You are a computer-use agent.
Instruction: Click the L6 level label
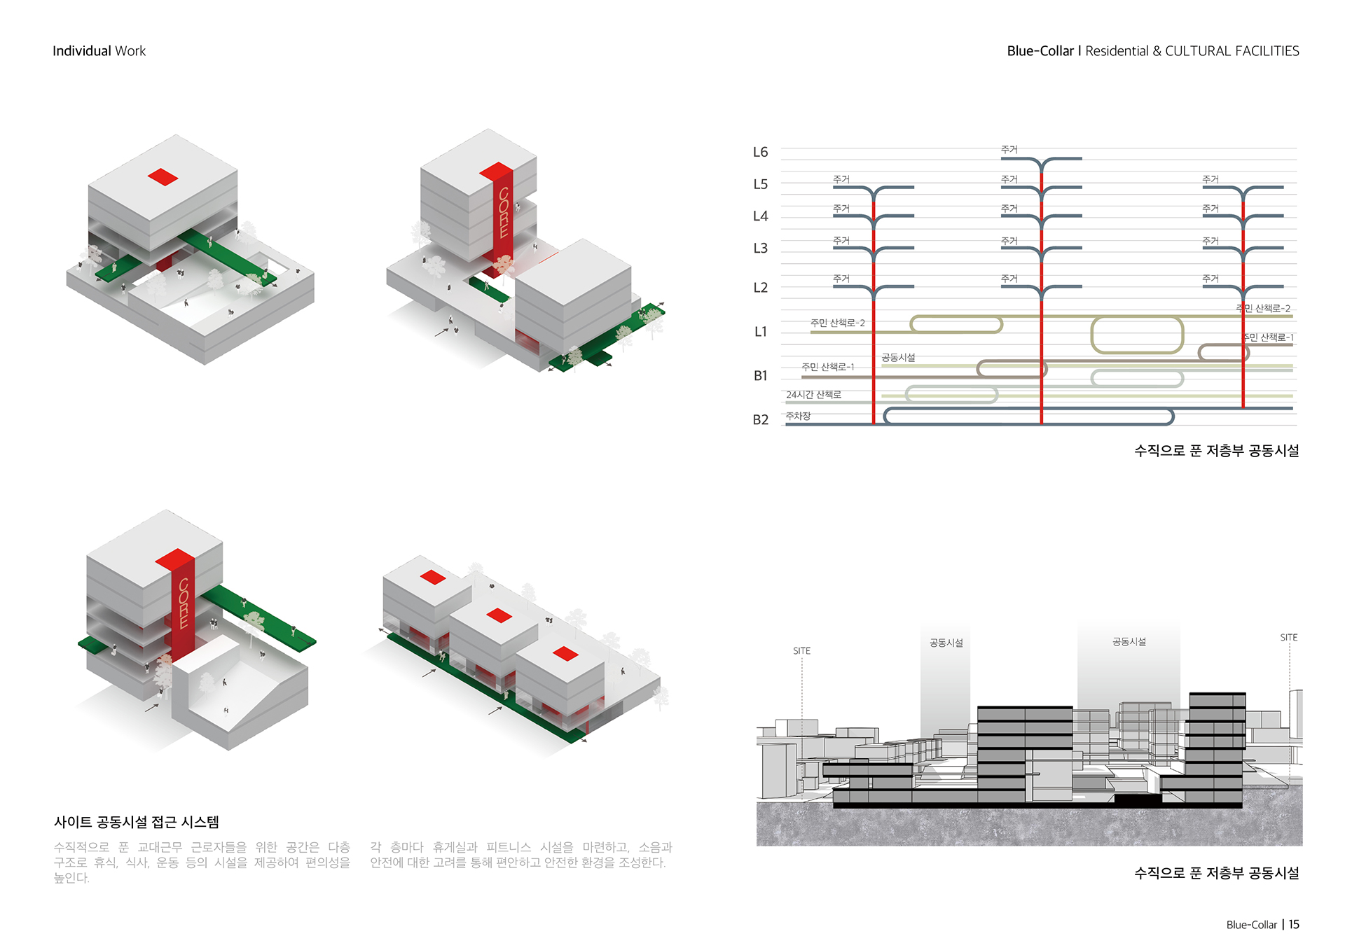pyautogui.click(x=760, y=152)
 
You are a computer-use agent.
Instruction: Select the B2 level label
pyautogui.click(x=760, y=419)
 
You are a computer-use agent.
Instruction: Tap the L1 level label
pyautogui.click(x=760, y=332)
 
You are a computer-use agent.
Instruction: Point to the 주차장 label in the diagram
pyautogui.click(x=798, y=416)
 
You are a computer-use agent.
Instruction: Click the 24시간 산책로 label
pyautogui.click(x=813, y=395)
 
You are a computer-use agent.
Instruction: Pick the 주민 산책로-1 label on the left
pyautogui.click(x=827, y=367)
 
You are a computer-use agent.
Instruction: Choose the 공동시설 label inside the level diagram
pyautogui.click(x=898, y=358)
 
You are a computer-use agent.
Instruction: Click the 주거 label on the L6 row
pyautogui.click(x=1009, y=150)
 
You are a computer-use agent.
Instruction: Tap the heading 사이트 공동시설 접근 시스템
pyautogui.click(x=137, y=822)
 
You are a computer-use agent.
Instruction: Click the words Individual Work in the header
pyautogui.click(x=99, y=51)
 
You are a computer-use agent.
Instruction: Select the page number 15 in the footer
pyautogui.click(x=1294, y=924)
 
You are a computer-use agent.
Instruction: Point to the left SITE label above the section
pyautogui.click(x=801, y=651)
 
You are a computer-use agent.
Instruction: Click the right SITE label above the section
pyautogui.click(x=1288, y=638)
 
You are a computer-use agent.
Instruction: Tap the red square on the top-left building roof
pyautogui.click(x=163, y=177)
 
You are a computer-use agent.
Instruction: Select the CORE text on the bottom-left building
pyautogui.click(x=184, y=603)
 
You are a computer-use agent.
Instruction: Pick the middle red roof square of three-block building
pyautogui.click(x=499, y=615)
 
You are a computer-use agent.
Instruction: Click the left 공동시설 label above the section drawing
pyautogui.click(x=946, y=643)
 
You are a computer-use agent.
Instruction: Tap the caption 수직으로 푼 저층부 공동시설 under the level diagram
pyautogui.click(x=1216, y=451)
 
